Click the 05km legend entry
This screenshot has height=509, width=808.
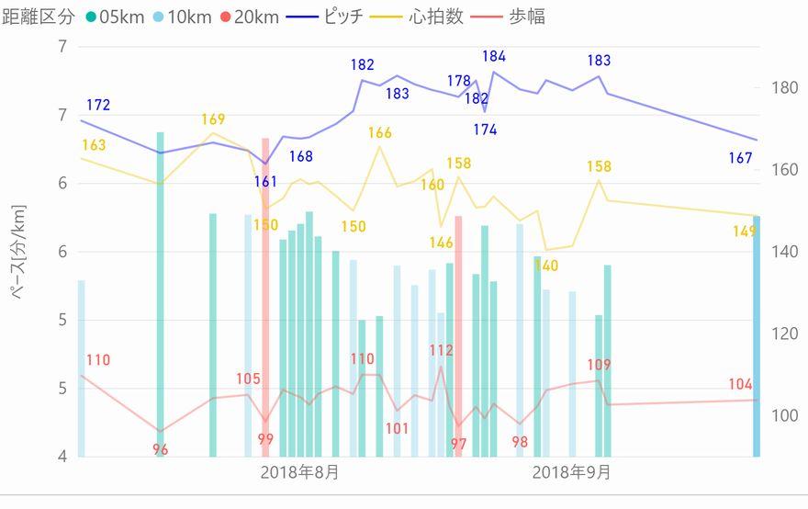click(x=118, y=17)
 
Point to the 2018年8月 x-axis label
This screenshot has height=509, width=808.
click(x=299, y=473)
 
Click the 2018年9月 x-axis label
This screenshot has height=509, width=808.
click(x=571, y=473)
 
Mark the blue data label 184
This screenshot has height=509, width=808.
click(x=494, y=57)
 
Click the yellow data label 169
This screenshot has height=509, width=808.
click(x=213, y=119)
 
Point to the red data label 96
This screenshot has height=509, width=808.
click(x=161, y=449)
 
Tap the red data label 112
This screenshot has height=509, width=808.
click(x=441, y=350)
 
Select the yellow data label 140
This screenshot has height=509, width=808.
click(x=546, y=266)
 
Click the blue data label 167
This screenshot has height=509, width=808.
click(x=740, y=158)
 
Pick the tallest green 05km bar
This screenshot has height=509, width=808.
click(x=161, y=294)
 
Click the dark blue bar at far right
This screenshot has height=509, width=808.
click(x=757, y=336)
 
